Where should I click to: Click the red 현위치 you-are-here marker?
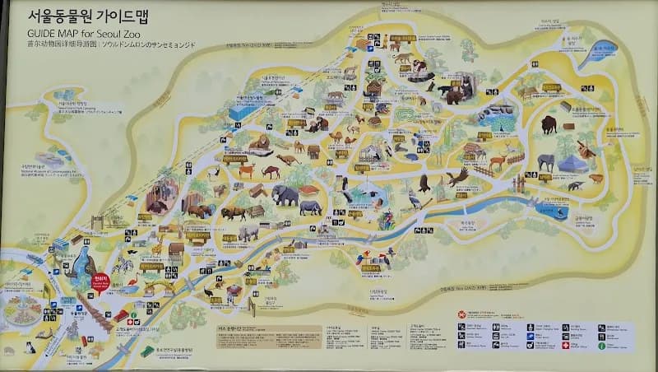pyautogui.click(x=100, y=283)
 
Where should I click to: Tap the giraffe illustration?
pyautogui.click(x=155, y=247)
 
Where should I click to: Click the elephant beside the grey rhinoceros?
pyautogui.click(x=285, y=196)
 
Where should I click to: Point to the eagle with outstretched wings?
pyautogui.click(x=457, y=177)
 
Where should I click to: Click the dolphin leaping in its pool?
pyautogui.click(x=559, y=213)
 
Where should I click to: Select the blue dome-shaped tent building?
pyautogui.click(x=572, y=164)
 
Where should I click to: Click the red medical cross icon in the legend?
pyautogui.click(x=565, y=345)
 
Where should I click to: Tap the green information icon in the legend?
pyautogui.click(x=602, y=345)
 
